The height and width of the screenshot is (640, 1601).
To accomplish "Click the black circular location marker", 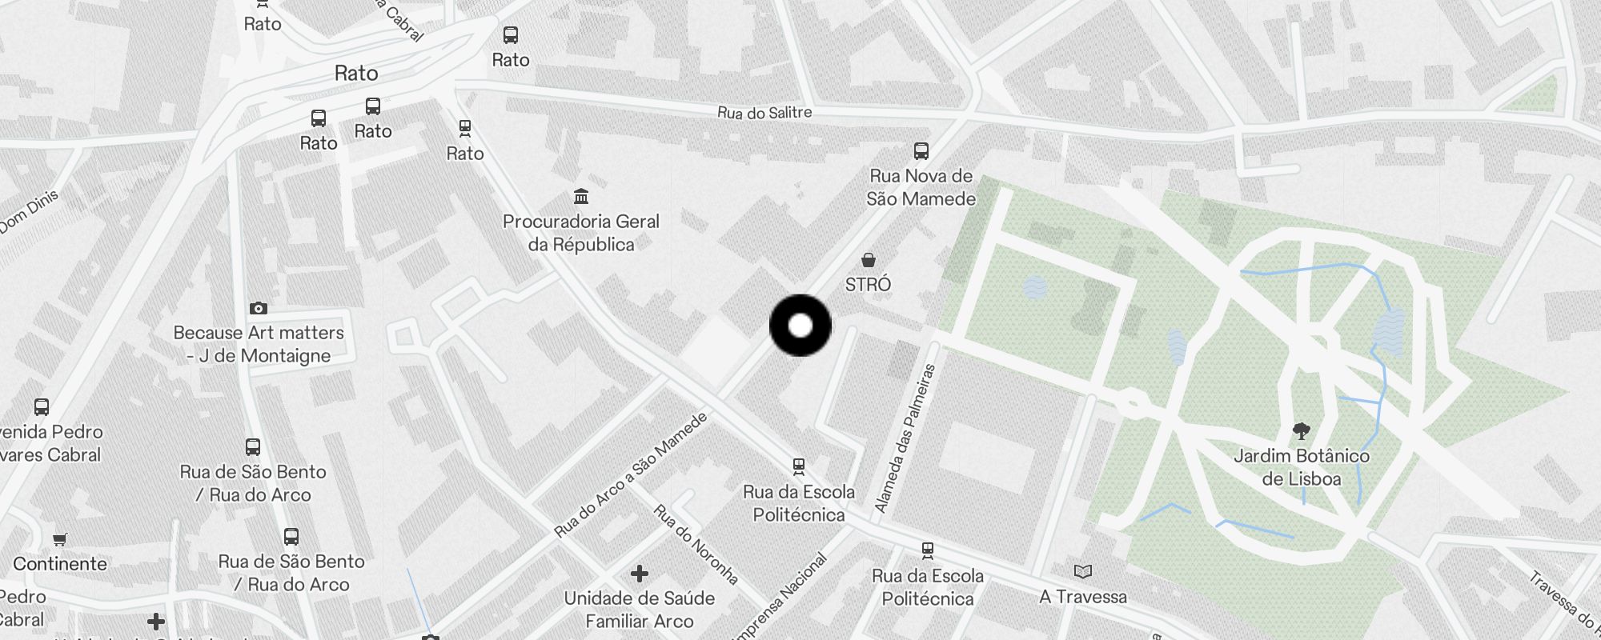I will (800, 326).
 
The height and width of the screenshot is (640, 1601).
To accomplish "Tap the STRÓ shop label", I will (868, 284).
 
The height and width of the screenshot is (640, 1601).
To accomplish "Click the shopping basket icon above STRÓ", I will (868, 260).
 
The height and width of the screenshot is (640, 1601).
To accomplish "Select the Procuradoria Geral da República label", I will (581, 233).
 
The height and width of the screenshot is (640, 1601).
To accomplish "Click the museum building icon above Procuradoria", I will (581, 196).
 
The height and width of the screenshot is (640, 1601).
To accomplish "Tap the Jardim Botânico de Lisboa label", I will (1301, 467).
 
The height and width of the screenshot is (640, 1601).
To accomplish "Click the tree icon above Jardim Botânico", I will (1302, 431).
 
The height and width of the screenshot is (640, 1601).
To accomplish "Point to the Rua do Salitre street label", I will (764, 113).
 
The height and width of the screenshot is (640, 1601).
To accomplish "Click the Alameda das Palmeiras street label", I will (905, 438).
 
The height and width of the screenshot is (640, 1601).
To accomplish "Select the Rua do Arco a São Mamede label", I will (632, 474).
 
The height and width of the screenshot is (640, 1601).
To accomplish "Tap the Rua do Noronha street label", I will (695, 544).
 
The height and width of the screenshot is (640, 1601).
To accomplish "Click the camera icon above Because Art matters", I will (258, 308).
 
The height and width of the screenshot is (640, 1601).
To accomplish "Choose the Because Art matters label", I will (259, 344).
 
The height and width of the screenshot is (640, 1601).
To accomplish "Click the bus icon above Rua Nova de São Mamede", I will (921, 150).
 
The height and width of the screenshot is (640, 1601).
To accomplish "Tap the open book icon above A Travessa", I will (1083, 571).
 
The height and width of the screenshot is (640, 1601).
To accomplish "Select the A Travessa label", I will (1083, 597).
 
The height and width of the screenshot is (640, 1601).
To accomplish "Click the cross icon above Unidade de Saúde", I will (639, 574).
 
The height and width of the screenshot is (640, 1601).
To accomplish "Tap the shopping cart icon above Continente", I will (60, 539).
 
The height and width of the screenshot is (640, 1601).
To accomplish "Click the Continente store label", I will (60, 564).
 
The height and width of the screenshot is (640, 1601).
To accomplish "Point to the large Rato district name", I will (356, 74).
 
